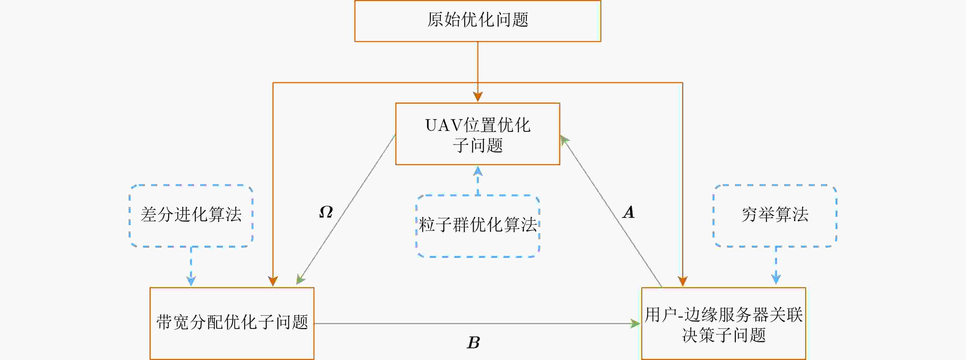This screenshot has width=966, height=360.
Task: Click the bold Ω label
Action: tap(326, 212)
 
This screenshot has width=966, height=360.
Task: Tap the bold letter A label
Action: tap(628, 212)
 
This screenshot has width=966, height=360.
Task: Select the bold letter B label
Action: tap(473, 342)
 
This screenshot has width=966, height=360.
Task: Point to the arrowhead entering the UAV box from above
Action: tap(477, 97)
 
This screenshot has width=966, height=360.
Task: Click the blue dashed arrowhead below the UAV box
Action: tap(477, 171)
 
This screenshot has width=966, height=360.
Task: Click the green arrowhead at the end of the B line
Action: tap(636, 323)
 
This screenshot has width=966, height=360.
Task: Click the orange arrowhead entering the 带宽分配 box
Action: tap(273, 281)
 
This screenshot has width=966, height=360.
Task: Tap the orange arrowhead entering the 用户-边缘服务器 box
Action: tap(683, 281)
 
